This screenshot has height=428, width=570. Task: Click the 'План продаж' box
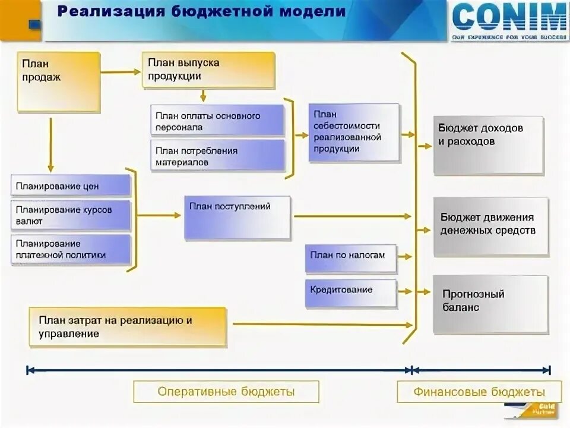point(58,82)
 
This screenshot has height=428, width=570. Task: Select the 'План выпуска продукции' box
point(208,70)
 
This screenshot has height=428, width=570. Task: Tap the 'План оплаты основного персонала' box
point(217,121)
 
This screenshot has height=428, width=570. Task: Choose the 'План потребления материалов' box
point(217,156)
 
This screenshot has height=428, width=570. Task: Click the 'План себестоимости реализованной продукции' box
point(354,132)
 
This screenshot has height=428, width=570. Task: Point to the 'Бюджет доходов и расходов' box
point(488,145)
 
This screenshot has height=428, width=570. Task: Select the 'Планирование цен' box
point(70,185)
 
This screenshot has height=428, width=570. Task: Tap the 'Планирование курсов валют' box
point(70,215)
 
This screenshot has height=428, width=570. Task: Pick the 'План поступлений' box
point(237,218)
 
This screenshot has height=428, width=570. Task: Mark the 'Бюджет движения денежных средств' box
point(490,226)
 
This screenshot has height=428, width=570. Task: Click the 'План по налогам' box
point(350,257)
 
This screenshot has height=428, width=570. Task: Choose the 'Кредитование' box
point(350,293)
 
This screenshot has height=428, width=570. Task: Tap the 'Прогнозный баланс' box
point(490,304)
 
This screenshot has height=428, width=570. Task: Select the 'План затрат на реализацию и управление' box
point(128,326)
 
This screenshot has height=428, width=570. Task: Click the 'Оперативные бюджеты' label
point(226,392)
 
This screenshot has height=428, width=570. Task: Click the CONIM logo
point(509,20)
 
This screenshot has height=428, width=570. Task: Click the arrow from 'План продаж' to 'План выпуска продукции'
point(121,72)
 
